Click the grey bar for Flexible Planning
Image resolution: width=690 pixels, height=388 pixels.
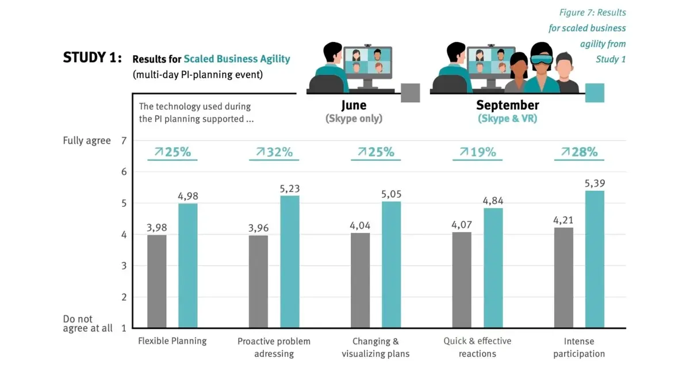click(x=156, y=281)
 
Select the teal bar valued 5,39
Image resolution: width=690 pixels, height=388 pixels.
click(x=595, y=259)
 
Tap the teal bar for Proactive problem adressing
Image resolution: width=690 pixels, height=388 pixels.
click(x=290, y=262)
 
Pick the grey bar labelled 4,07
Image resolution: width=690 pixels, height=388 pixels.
click(x=462, y=280)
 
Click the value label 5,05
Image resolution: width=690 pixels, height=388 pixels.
click(x=391, y=194)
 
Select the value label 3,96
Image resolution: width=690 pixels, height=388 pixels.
click(x=259, y=228)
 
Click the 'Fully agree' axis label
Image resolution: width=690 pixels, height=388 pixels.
click(x=87, y=140)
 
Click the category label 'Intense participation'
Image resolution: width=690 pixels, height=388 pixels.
click(x=579, y=347)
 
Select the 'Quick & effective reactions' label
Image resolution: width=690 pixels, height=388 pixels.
click(x=477, y=347)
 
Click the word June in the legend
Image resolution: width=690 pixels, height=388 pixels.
click(x=354, y=105)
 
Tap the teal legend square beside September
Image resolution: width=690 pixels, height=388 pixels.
click(x=595, y=93)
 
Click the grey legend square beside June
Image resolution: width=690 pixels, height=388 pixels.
click(x=410, y=93)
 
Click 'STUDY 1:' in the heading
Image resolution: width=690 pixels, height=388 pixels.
click(x=92, y=58)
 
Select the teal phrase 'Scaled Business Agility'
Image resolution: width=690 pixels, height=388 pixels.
click(x=237, y=59)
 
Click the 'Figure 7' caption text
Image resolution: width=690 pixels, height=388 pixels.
click(x=592, y=13)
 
